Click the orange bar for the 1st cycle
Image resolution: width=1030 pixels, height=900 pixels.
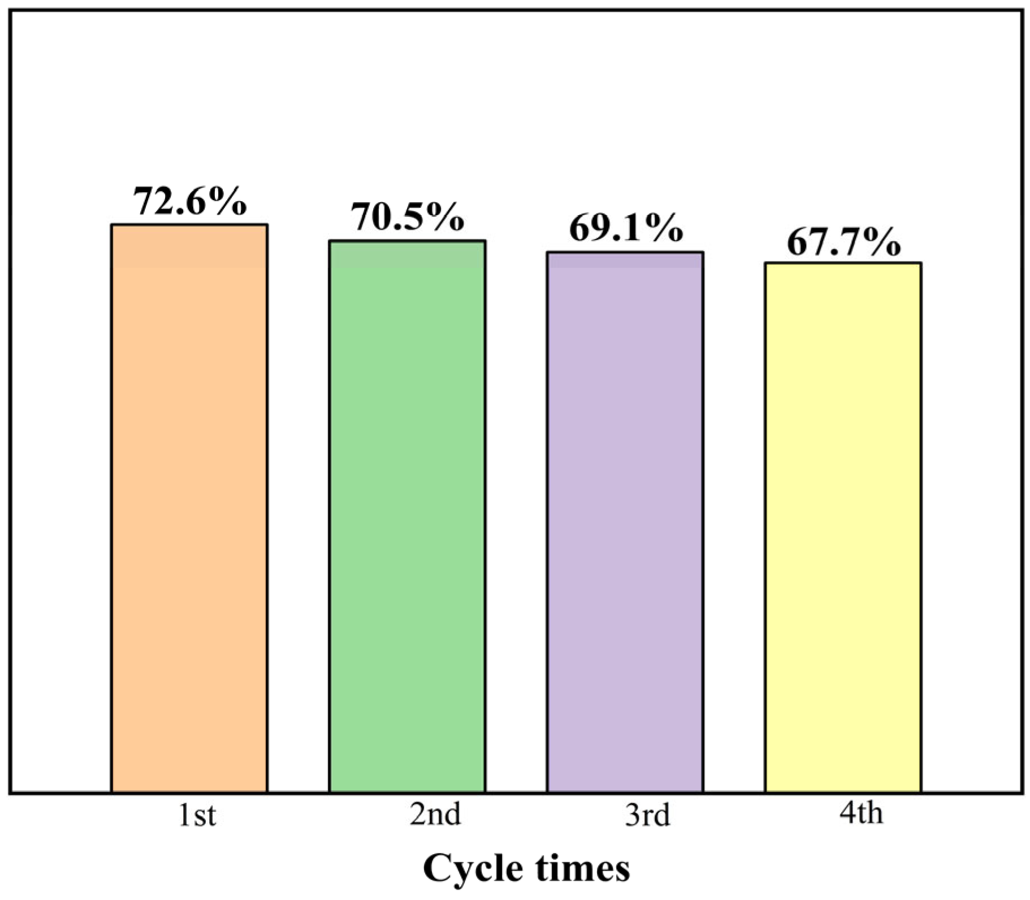[x=189, y=508]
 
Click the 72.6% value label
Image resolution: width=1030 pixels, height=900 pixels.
[x=190, y=201]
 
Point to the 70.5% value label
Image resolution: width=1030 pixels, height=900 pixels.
[x=407, y=217]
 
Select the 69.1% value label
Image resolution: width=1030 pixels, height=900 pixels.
[x=626, y=228]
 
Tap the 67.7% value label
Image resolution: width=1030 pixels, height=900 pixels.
[x=843, y=242]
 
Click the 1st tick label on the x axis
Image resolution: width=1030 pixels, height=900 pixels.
[x=197, y=815]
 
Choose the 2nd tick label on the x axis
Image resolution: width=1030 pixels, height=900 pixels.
[x=435, y=814]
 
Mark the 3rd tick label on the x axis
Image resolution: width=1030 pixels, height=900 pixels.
[x=647, y=815]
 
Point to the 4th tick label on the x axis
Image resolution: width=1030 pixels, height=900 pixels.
[x=861, y=812]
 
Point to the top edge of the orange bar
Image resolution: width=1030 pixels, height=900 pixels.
[x=189, y=225]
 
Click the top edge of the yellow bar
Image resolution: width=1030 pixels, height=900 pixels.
[x=843, y=263]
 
